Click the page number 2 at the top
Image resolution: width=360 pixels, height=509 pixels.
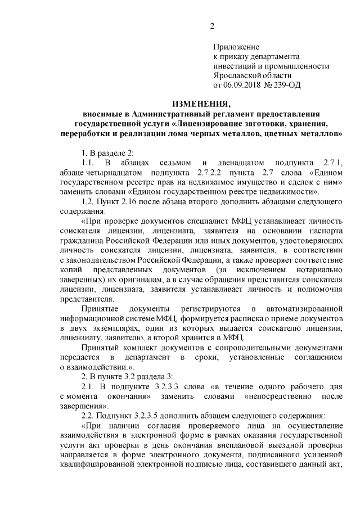(x=212, y=25)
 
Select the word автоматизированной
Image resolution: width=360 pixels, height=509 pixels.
(x=304, y=309)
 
